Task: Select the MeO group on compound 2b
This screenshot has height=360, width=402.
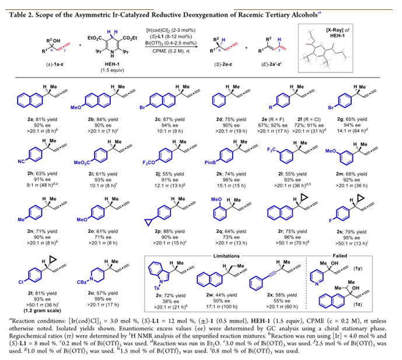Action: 84,106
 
